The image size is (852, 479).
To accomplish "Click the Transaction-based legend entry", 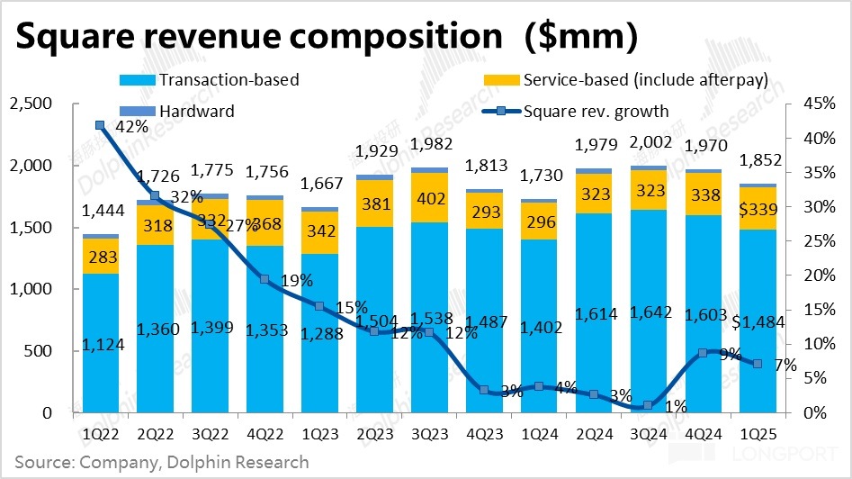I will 229,80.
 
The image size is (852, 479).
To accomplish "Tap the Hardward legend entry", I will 197,112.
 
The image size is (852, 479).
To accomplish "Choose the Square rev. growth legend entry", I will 596,112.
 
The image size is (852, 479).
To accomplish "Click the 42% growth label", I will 132,127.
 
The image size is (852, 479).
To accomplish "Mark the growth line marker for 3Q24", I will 648,406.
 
